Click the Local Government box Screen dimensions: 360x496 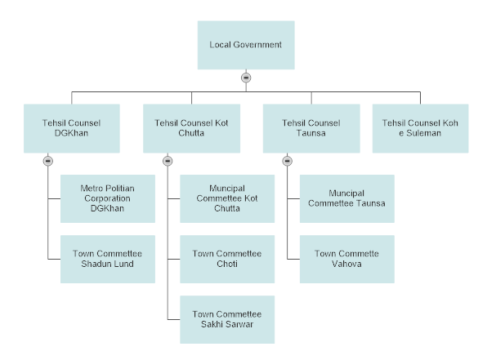click(x=246, y=45)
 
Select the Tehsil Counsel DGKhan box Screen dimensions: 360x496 click(x=71, y=127)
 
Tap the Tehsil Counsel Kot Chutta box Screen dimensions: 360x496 click(x=191, y=127)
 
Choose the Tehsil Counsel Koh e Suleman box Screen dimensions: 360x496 click(x=421, y=127)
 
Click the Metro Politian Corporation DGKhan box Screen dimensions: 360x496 click(x=108, y=198)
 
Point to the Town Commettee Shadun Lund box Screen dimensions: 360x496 click(x=108, y=259)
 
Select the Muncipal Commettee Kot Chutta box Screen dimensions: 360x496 click(x=227, y=198)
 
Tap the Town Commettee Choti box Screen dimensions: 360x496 click(x=227, y=259)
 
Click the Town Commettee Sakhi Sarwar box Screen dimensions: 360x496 click(x=227, y=319)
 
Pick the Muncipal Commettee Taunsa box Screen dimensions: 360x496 click(x=346, y=198)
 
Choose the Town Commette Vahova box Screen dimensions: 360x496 click(x=346, y=259)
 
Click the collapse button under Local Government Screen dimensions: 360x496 click(x=246, y=78)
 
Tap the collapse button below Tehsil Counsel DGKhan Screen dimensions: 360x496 click(x=47, y=161)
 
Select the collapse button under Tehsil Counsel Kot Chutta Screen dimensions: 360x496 click(x=168, y=161)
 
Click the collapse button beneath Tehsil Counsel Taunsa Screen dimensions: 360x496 click(x=287, y=161)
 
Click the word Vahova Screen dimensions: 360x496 click(x=346, y=264)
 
